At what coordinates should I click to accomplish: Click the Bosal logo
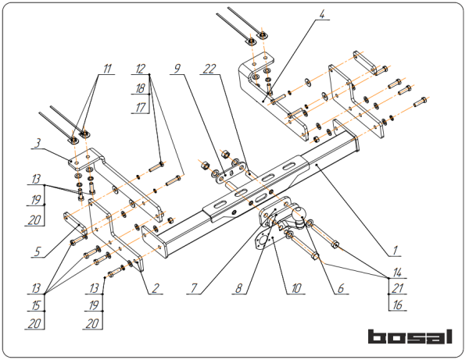pyautogui.click(x=410, y=337)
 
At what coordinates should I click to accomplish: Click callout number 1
pyautogui.click(x=396, y=251)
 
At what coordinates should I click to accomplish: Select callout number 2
pyautogui.click(x=156, y=287)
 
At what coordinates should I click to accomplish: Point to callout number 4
pyautogui.click(x=323, y=13)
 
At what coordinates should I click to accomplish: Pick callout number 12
pyautogui.click(x=140, y=69)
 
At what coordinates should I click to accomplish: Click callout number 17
pyautogui.click(x=140, y=108)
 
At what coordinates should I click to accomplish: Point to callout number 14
pyautogui.click(x=398, y=273)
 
